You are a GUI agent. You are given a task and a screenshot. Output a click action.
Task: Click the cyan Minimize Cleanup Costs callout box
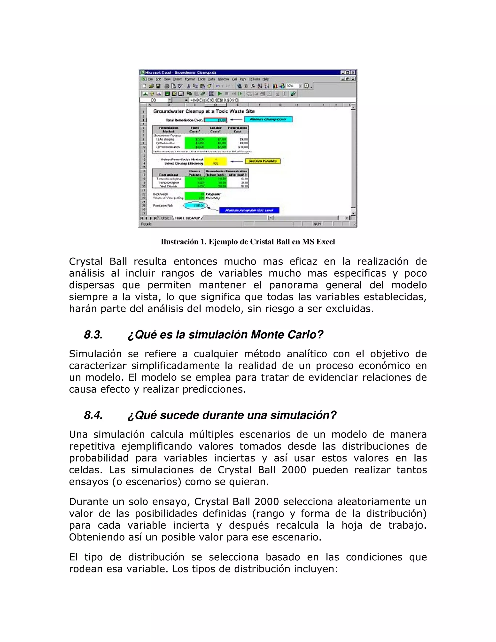pos(268,119)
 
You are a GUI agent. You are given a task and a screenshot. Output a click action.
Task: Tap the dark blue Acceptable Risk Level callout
pos(249,210)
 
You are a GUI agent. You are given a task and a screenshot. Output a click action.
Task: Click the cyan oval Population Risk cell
pos(195,205)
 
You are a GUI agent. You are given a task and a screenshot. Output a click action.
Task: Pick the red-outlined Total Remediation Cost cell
pos(215,120)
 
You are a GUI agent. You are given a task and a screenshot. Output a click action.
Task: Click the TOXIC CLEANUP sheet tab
pos(187,218)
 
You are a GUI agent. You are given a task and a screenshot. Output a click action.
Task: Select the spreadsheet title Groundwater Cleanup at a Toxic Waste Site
pos(204,111)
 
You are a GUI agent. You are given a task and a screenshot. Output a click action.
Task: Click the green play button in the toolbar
pos(219,94)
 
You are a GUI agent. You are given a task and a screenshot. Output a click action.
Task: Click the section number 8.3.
pos(93,335)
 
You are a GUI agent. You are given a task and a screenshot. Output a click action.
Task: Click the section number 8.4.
pos(93,415)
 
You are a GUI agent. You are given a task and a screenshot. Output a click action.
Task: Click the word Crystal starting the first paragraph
pos(86,261)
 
